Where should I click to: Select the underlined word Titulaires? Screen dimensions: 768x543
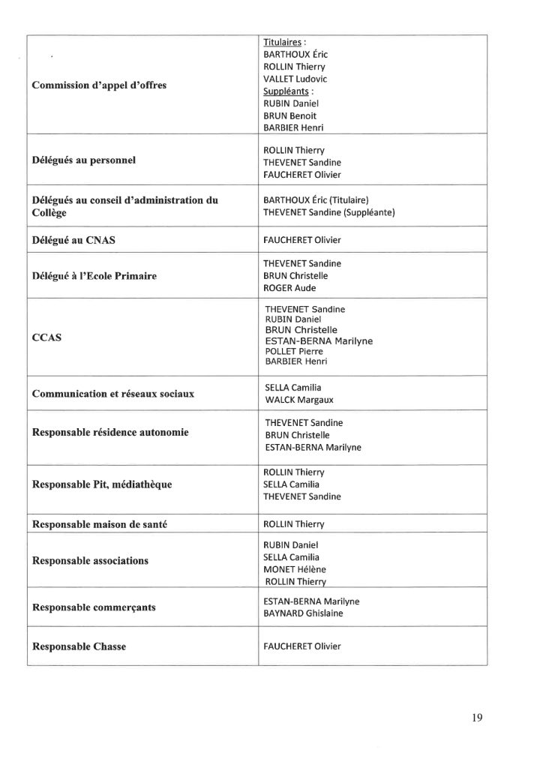[281, 42]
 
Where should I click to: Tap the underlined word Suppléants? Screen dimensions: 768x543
[283, 91]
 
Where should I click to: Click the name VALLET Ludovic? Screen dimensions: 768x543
[295, 79]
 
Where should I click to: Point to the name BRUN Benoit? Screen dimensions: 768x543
[289, 115]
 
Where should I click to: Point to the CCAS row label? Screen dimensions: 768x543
[46, 338]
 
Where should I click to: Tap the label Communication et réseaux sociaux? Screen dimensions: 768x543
[113, 394]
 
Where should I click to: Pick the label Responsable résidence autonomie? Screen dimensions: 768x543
[110, 433]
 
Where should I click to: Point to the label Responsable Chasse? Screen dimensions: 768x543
[79, 646]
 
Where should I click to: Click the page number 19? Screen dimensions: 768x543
[478, 718]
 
